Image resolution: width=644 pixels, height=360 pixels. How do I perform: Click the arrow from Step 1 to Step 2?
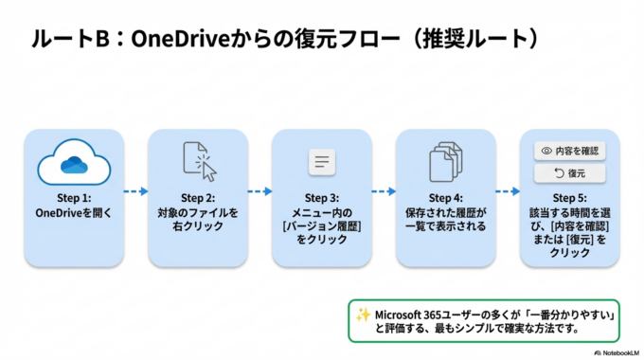tap(135, 191)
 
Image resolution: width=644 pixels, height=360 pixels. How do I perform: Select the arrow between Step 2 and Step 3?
tap(259, 191)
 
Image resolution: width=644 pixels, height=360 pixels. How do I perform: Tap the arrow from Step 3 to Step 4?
tap(384, 191)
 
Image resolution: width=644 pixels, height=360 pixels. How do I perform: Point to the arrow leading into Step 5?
tap(507, 191)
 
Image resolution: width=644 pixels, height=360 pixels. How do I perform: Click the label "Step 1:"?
tap(74, 199)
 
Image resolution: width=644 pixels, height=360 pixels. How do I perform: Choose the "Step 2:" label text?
tap(198, 199)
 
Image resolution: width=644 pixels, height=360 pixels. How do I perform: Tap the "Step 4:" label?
tap(445, 199)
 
